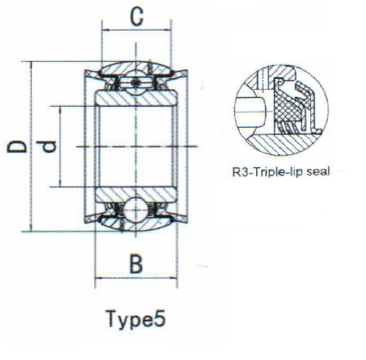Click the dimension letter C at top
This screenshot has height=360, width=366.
(x=137, y=16)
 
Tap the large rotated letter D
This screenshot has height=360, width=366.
(x=16, y=146)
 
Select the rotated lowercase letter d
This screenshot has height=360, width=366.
(x=47, y=146)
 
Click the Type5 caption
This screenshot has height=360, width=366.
(x=136, y=319)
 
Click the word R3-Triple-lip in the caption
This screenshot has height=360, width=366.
(x=267, y=172)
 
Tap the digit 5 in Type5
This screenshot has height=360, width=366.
(x=160, y=318)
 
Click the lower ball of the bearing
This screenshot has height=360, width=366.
(x=136, y=210)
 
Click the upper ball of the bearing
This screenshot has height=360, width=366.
(x=136, y=82)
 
